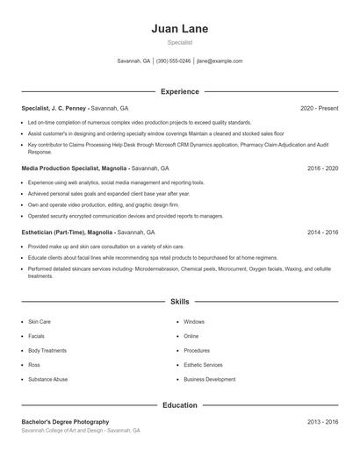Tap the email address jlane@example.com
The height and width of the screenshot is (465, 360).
pyautogui.click(x=220, y=61)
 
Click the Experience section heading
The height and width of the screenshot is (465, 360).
pyautogui.click(x=179, y=91)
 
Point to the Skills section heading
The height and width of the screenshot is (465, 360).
pyautogui.click(x=179, y=301)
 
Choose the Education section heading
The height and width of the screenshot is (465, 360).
pyautogui.click(x=179, y=405)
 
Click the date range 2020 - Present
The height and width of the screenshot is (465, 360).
pyautogui.click(x=319, y=108)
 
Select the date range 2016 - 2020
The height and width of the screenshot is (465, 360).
pyautogui.click(x=322, y=168)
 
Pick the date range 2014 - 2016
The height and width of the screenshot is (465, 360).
pyautogui.click(x=322, y=232)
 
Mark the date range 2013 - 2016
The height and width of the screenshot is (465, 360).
pyautogui.click(x=322, y=422)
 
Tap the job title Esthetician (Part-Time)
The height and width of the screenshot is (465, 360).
pyautogui.click(x=54, y=232)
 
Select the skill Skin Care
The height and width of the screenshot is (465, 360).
pyautogui.click(x=40, y=322)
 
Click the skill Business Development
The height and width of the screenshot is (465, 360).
pyautogui.click(x=209, y=379)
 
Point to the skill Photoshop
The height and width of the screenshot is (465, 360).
pyautogui.click(x=197, y=350)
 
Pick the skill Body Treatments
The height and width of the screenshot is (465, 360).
pyautogui.click(x=47, y=350)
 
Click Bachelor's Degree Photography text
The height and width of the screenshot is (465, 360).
pyautogui.click(x=65, y=422)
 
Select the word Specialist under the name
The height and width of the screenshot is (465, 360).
pyautogui.click(x=179, y=42)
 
